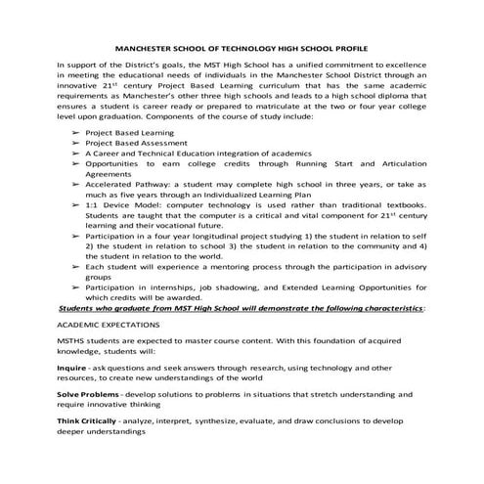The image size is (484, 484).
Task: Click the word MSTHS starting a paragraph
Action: coord(73,337)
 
